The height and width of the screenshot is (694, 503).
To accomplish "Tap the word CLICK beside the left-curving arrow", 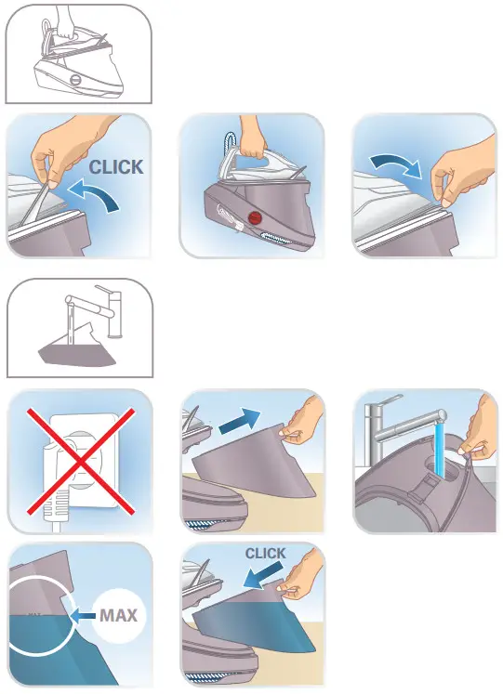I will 117,167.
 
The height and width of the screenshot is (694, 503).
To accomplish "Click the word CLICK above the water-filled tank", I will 265,554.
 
